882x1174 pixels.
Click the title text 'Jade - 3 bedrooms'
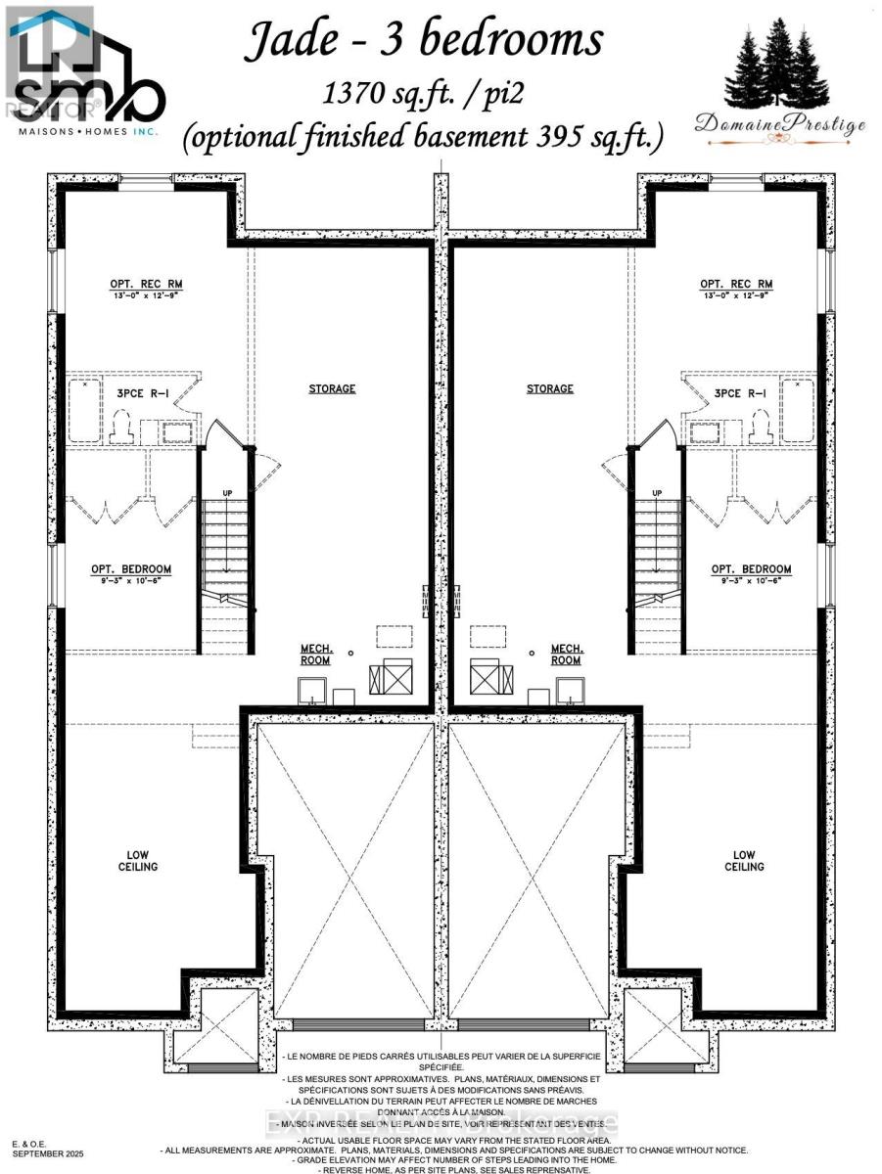coord(423,41)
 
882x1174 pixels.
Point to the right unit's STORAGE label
coord(549,388)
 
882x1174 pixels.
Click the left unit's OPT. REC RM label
coord(146,286)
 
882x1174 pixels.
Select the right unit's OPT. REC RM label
coord(736,286)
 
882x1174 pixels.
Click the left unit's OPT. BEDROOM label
coord(131,569)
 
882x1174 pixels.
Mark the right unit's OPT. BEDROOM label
coord(751,569)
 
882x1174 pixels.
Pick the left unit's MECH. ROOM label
coord(315,655)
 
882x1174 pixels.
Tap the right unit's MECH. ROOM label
coord(567,655)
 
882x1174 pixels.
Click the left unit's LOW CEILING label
coord(138,860)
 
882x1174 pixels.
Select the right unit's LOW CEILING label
coord(744,860)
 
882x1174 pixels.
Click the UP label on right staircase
coord(657,493)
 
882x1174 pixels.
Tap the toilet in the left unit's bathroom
coord(123,427)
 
